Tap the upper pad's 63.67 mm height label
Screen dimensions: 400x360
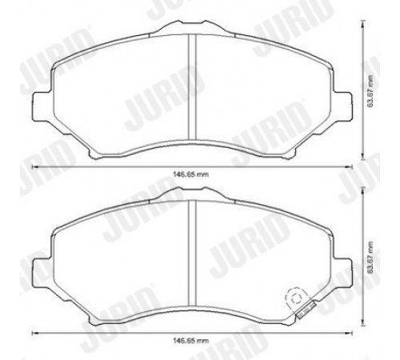point(370,91)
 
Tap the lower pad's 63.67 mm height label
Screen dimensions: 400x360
point(370,258)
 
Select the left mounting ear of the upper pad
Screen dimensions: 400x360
point(42,106)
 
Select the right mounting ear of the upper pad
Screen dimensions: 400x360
point(342,106)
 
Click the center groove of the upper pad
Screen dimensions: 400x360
point(192,87)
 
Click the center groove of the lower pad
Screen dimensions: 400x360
point(192,253)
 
